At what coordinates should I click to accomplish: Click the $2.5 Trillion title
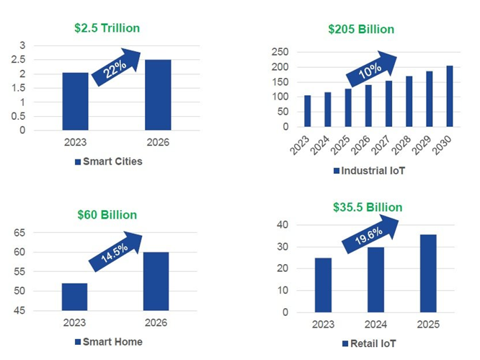point(107,28)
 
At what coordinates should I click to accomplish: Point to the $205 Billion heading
point(361,30)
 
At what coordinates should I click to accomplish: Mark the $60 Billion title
point(107,215)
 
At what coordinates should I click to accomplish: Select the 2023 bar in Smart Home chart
point(74,297)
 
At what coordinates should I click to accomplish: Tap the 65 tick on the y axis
point(38,233)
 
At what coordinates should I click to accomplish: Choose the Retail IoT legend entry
point(373,343)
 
